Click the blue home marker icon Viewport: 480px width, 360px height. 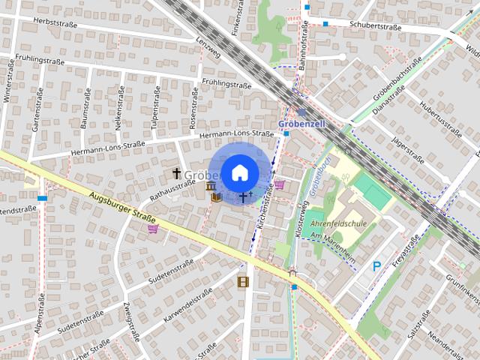coord(238,172)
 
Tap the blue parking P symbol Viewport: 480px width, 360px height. coord(377,265)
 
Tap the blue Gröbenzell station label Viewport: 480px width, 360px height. coord(300,123)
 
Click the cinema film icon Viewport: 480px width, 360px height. coord(242,282)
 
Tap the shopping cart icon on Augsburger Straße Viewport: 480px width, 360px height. coord(153,229)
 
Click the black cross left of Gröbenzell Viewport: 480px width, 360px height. coord(176,173)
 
